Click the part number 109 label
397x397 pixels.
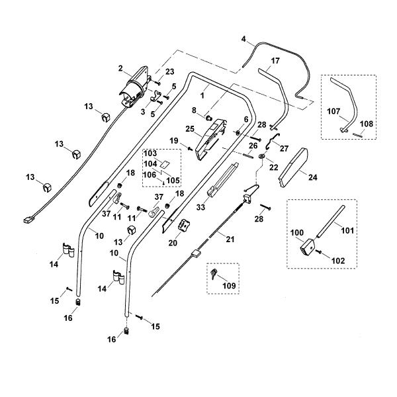click(x=229, y=286)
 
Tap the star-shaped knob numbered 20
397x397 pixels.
click(x=184, y=225)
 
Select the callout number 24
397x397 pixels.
click(x=313, y=177)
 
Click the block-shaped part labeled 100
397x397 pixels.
click(x=308, y=247)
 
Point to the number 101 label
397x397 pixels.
click(x=347, y=230)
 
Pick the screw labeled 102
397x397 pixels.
click(x=319, y=251)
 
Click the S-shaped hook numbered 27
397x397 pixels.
click(x=273, y=142)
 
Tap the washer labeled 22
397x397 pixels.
click(x=262, y=156)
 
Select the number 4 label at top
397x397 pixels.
click(x=243, y=39)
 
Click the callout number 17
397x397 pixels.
click(x=275, y=61)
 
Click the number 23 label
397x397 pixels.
click(x=169, y=72)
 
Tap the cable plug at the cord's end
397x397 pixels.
click(x=28, y=220)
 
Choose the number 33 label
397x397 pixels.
click(x=200, y=207)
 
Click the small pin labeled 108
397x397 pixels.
click(x=358, y=135)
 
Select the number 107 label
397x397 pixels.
click(x=333, y=111)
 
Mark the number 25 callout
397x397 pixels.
click(x=190, y=129)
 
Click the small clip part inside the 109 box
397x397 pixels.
click(x=214, y=274)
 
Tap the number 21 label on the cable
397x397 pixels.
click(x=230, y=239)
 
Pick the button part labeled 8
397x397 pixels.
click(x=209, y=118)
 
